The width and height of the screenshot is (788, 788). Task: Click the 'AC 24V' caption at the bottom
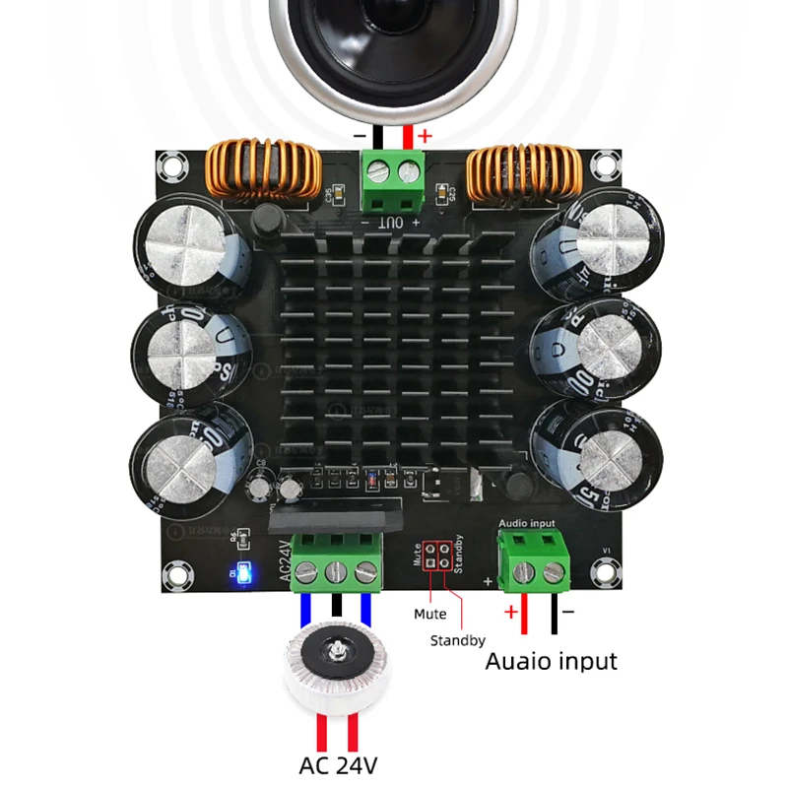339,764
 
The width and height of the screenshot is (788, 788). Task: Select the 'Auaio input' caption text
551,660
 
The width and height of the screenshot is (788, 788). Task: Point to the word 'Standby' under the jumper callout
457,640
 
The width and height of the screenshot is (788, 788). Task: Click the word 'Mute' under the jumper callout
429,614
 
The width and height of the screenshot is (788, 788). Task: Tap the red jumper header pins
435,555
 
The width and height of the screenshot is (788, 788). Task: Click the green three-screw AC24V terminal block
339,561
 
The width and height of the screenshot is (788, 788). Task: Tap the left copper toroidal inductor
265,168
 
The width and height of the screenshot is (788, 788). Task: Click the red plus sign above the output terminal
425,137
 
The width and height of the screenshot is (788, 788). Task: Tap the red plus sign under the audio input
511,613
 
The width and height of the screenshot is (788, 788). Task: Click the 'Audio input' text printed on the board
528,523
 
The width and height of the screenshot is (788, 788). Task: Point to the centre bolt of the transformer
338,651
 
